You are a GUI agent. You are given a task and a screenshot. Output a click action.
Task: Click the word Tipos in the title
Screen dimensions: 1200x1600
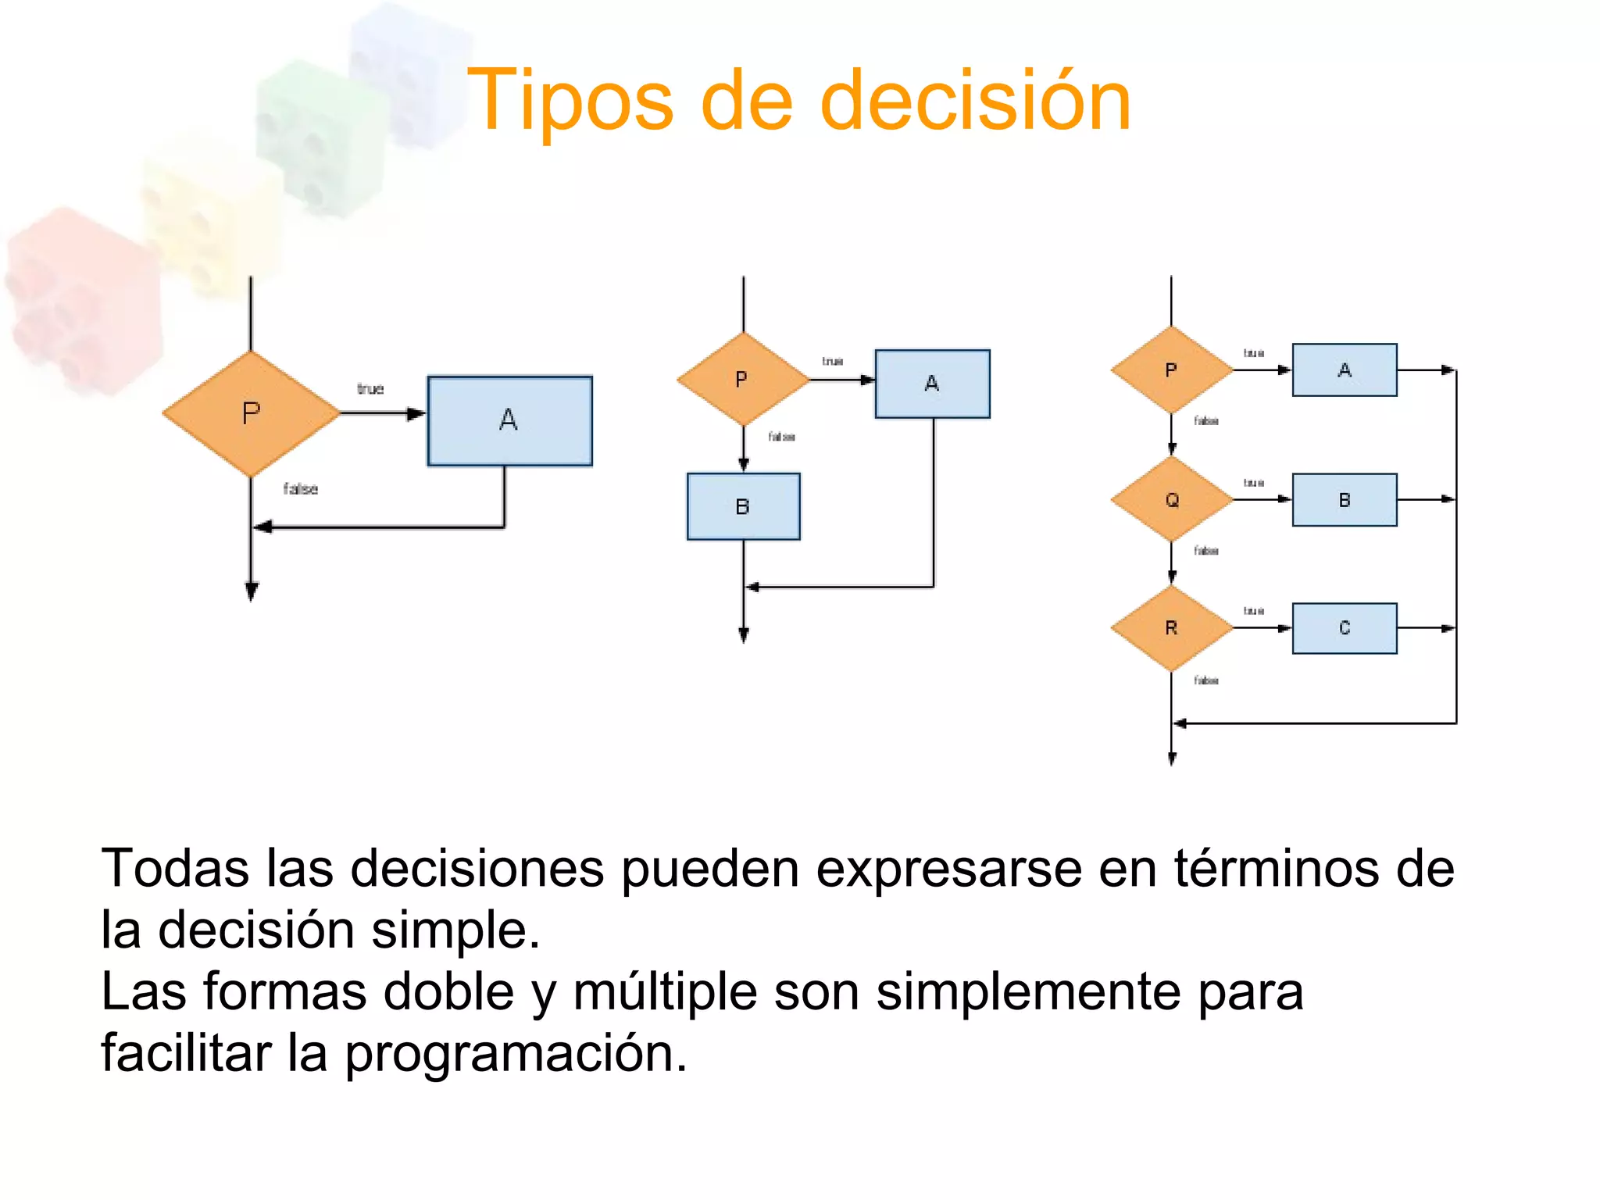[570, 102]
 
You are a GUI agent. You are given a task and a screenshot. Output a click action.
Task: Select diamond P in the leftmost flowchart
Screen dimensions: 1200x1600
[251, 413]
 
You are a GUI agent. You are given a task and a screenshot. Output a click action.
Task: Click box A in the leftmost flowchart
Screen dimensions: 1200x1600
[509, 421]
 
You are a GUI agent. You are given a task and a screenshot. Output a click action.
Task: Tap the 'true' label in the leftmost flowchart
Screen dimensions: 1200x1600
[370, 389]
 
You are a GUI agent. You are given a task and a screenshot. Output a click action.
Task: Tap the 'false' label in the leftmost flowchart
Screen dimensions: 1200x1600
[300, 489]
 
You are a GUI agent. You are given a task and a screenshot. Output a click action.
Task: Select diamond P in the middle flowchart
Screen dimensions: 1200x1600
[742, 380]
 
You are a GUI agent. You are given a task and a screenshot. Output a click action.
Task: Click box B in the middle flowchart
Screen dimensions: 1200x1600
[743, 506]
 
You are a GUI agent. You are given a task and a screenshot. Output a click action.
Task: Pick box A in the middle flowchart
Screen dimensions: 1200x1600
[932, 384]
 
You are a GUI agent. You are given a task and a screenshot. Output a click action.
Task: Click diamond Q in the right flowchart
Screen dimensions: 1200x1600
[1171, 499]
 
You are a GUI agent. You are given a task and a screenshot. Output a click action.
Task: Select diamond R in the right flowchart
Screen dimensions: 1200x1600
[1171, 628]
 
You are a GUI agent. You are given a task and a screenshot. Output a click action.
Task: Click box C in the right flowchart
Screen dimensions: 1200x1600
[1344, 628]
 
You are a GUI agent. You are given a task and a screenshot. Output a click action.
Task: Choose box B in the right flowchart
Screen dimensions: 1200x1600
[1344, 500]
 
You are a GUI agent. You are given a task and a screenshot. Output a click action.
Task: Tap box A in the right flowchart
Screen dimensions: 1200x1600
[1344, 370]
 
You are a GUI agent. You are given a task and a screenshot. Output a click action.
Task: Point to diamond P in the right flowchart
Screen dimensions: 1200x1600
[1171, 370]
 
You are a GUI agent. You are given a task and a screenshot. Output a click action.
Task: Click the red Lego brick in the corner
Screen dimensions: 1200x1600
[82, 301]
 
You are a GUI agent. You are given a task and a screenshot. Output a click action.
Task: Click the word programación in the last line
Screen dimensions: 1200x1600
[516, 1053]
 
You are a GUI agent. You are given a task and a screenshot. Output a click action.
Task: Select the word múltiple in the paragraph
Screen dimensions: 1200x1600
[665, 991]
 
